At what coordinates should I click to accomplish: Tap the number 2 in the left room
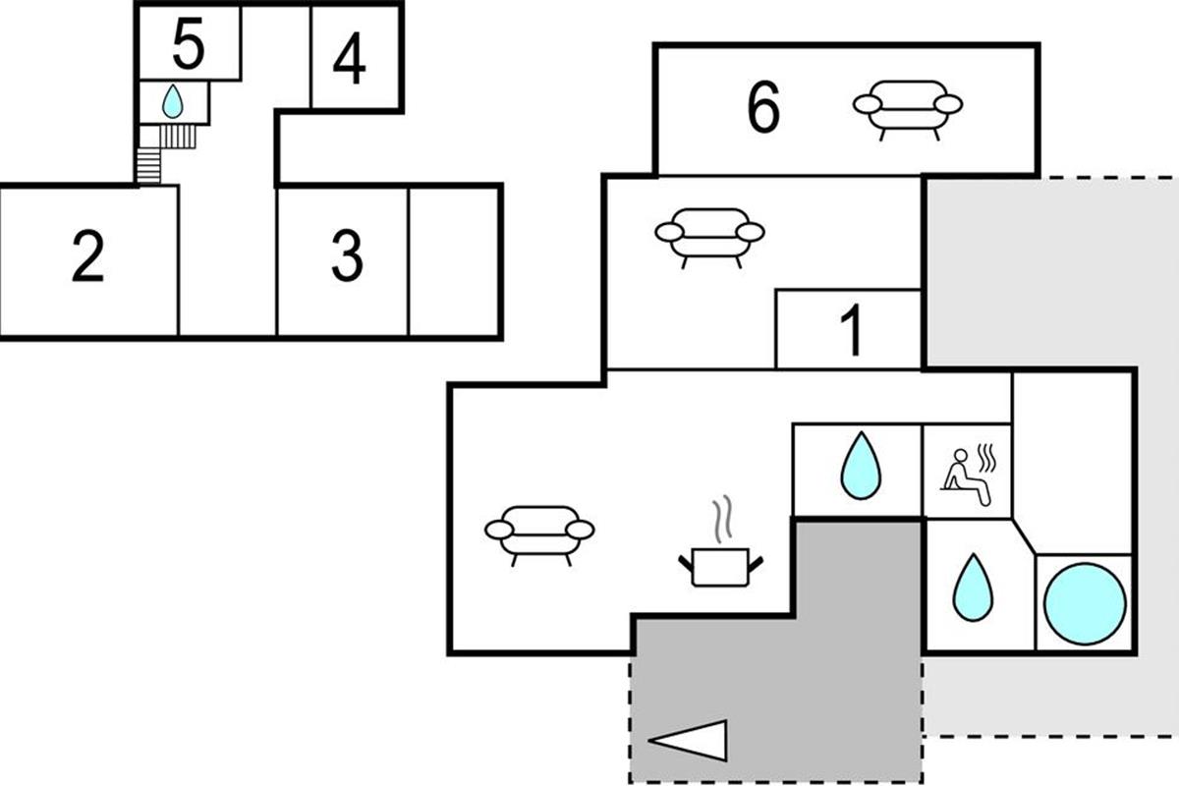(x=87, y=258)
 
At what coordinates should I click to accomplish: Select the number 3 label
(x=347, y=257)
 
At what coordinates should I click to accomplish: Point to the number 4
(x=349, y=59)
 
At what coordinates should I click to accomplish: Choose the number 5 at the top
(x=188, y=44)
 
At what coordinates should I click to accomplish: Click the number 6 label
(x=763, y=108)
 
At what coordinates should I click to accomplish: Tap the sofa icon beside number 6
(x=908, y=109)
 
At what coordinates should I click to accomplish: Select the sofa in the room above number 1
(x=709, y=236)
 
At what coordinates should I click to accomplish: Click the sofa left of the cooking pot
(x=539, y=533)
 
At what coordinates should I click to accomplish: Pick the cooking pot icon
(x=721, y=567)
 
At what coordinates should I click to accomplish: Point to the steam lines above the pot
(x=723, y=519)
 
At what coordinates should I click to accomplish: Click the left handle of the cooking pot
(x=685, y=563)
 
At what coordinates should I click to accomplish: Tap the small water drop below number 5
(x=173, y=101)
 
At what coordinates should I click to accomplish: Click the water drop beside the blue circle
(x=973, y=588)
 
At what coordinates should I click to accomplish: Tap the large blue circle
(x=1085, y=602)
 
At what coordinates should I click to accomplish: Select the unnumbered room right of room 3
(x=453, y=260)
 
